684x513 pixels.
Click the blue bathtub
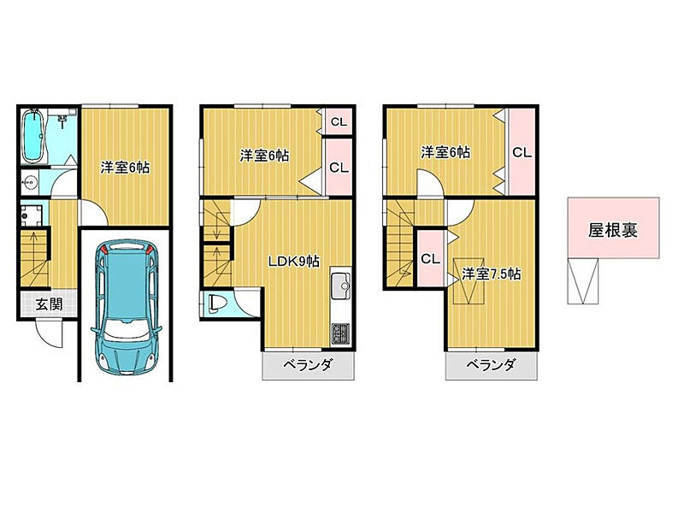click(x=33, y=136)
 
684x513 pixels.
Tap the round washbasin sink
click(x=30, y=180)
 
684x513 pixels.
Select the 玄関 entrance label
click(x=49, y=304)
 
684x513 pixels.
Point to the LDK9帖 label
click(x=293, y=262)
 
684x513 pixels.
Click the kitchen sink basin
click(x=340, y=286)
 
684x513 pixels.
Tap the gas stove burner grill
click(x=340, y=333)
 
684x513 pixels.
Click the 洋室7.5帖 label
click(x=491, y=274)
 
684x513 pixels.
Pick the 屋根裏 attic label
click(x=613, y=230)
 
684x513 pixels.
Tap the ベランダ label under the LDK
click(x=309, y=365)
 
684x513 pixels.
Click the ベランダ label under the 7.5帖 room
click(x=491, y=365)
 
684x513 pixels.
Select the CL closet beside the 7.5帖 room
click(x=431, y=259)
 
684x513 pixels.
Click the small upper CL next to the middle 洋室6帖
click(x=339, y=121)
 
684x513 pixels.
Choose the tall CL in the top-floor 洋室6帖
click(x=522, y=152)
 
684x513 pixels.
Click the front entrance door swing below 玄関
click(x=49, y=333)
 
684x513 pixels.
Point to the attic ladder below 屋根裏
click(x=583, y=281)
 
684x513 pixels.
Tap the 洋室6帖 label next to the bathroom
click(x=125, y=167)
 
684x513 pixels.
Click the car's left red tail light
click(x=104, y=250)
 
